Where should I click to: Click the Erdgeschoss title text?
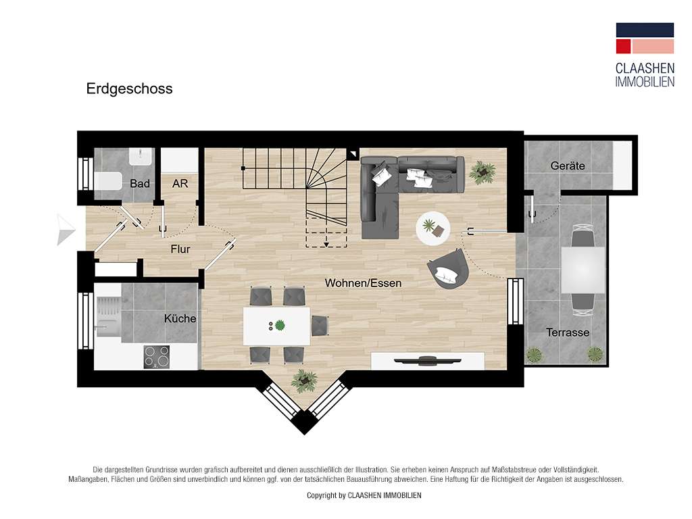pyautogui.click(x=129, y=89)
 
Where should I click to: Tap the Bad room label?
pyautogui.click(x=140, y=183)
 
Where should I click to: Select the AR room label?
pyautogui.click(x=180, y=183)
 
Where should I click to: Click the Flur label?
pyautogui.click(x=180, y=249)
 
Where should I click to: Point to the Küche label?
pyautogui.click(x=180, y=318)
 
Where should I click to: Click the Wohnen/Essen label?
pyautogui.click(x=363, y=283)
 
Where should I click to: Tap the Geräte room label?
pyautogui.click(x=567, y=166)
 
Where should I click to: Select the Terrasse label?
pyautogui.click(x=568, y=332)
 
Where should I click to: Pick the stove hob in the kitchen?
pyautogui.click(x=157, y=356)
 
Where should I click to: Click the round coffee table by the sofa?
pyautogui.click(x=433, y=228)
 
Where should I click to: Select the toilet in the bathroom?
pyautogui.click(x=108, y=182)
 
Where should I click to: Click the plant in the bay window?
pyautogui.click(x=303, y=380)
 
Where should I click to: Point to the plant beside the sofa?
pyautogui.click(x=483, y=171)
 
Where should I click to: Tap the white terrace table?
pyautogui.click(x=583, y=270)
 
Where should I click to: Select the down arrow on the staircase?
pyautogui.click(x=326, y=239)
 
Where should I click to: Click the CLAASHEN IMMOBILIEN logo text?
pyautogui.click(x=644, y=74)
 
